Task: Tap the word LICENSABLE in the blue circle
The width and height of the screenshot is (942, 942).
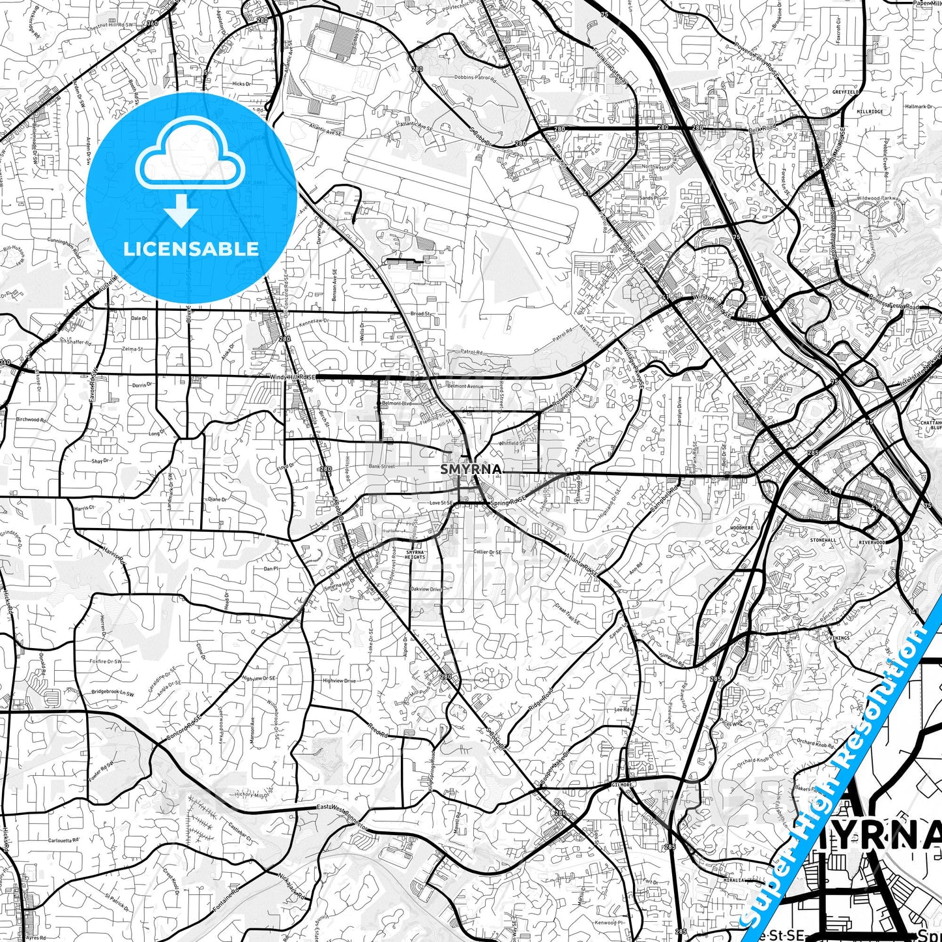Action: (x=191, y=249)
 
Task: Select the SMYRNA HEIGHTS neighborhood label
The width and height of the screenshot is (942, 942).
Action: (x=415, y=555)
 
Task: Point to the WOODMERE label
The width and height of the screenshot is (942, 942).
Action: (x=742, y=527)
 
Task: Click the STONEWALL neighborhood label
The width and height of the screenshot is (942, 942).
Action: (x=823, y=540)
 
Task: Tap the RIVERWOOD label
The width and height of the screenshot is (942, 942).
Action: (x=872, y=542)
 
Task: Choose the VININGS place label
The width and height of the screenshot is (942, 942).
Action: (x=840, y=638)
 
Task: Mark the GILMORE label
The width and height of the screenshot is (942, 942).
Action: (x=623, y=785)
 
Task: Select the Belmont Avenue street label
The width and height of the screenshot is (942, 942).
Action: (x=465, y=387)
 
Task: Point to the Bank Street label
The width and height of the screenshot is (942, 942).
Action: (x=381, y=466)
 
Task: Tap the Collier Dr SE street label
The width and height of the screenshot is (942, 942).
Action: (x=488, y=552)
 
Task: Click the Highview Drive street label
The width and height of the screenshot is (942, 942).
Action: (x=339, y=681)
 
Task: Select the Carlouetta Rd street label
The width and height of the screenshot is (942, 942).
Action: (x=63, y=840)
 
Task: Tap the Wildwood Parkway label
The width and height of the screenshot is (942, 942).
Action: (x=879, y=198)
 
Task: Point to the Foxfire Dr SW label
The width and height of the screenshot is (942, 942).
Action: (x=106, y=661)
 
